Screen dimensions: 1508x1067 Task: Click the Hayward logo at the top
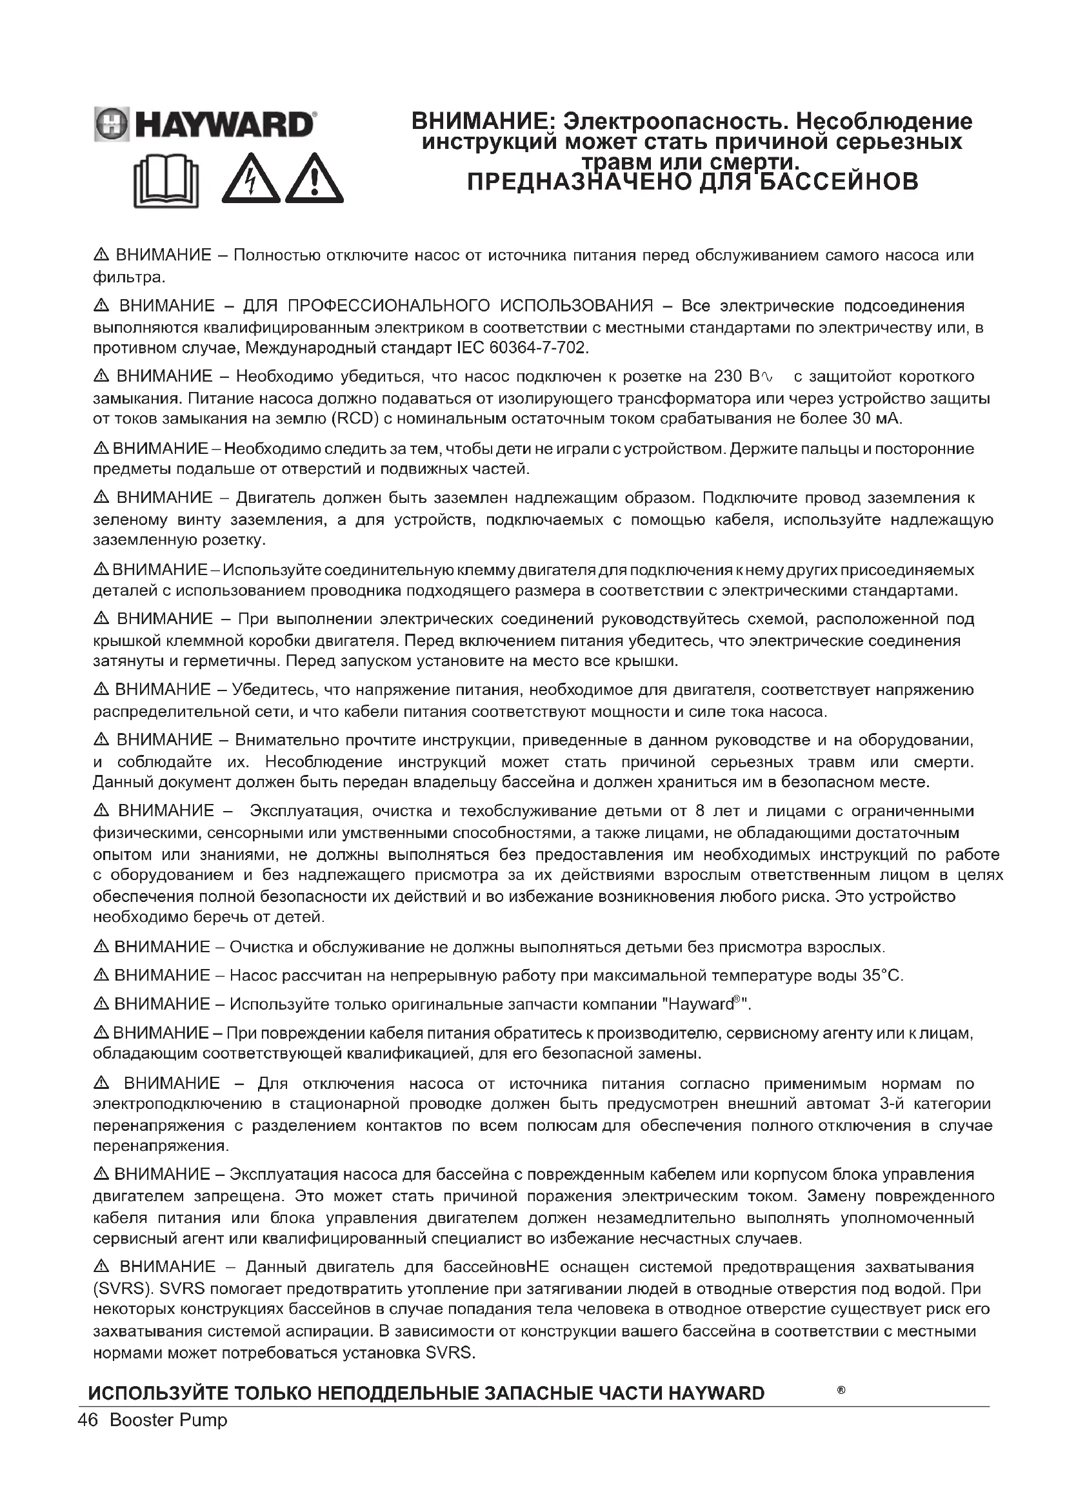point(205,124)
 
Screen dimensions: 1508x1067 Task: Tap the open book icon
point(166,180)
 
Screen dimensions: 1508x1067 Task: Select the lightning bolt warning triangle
point(250,179)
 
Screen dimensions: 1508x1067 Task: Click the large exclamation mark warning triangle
point(315,179)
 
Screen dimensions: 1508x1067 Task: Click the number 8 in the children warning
point(699,811)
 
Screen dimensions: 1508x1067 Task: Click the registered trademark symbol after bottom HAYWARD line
point(841,1390)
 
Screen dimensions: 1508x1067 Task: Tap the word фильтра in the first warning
point(128,277)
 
